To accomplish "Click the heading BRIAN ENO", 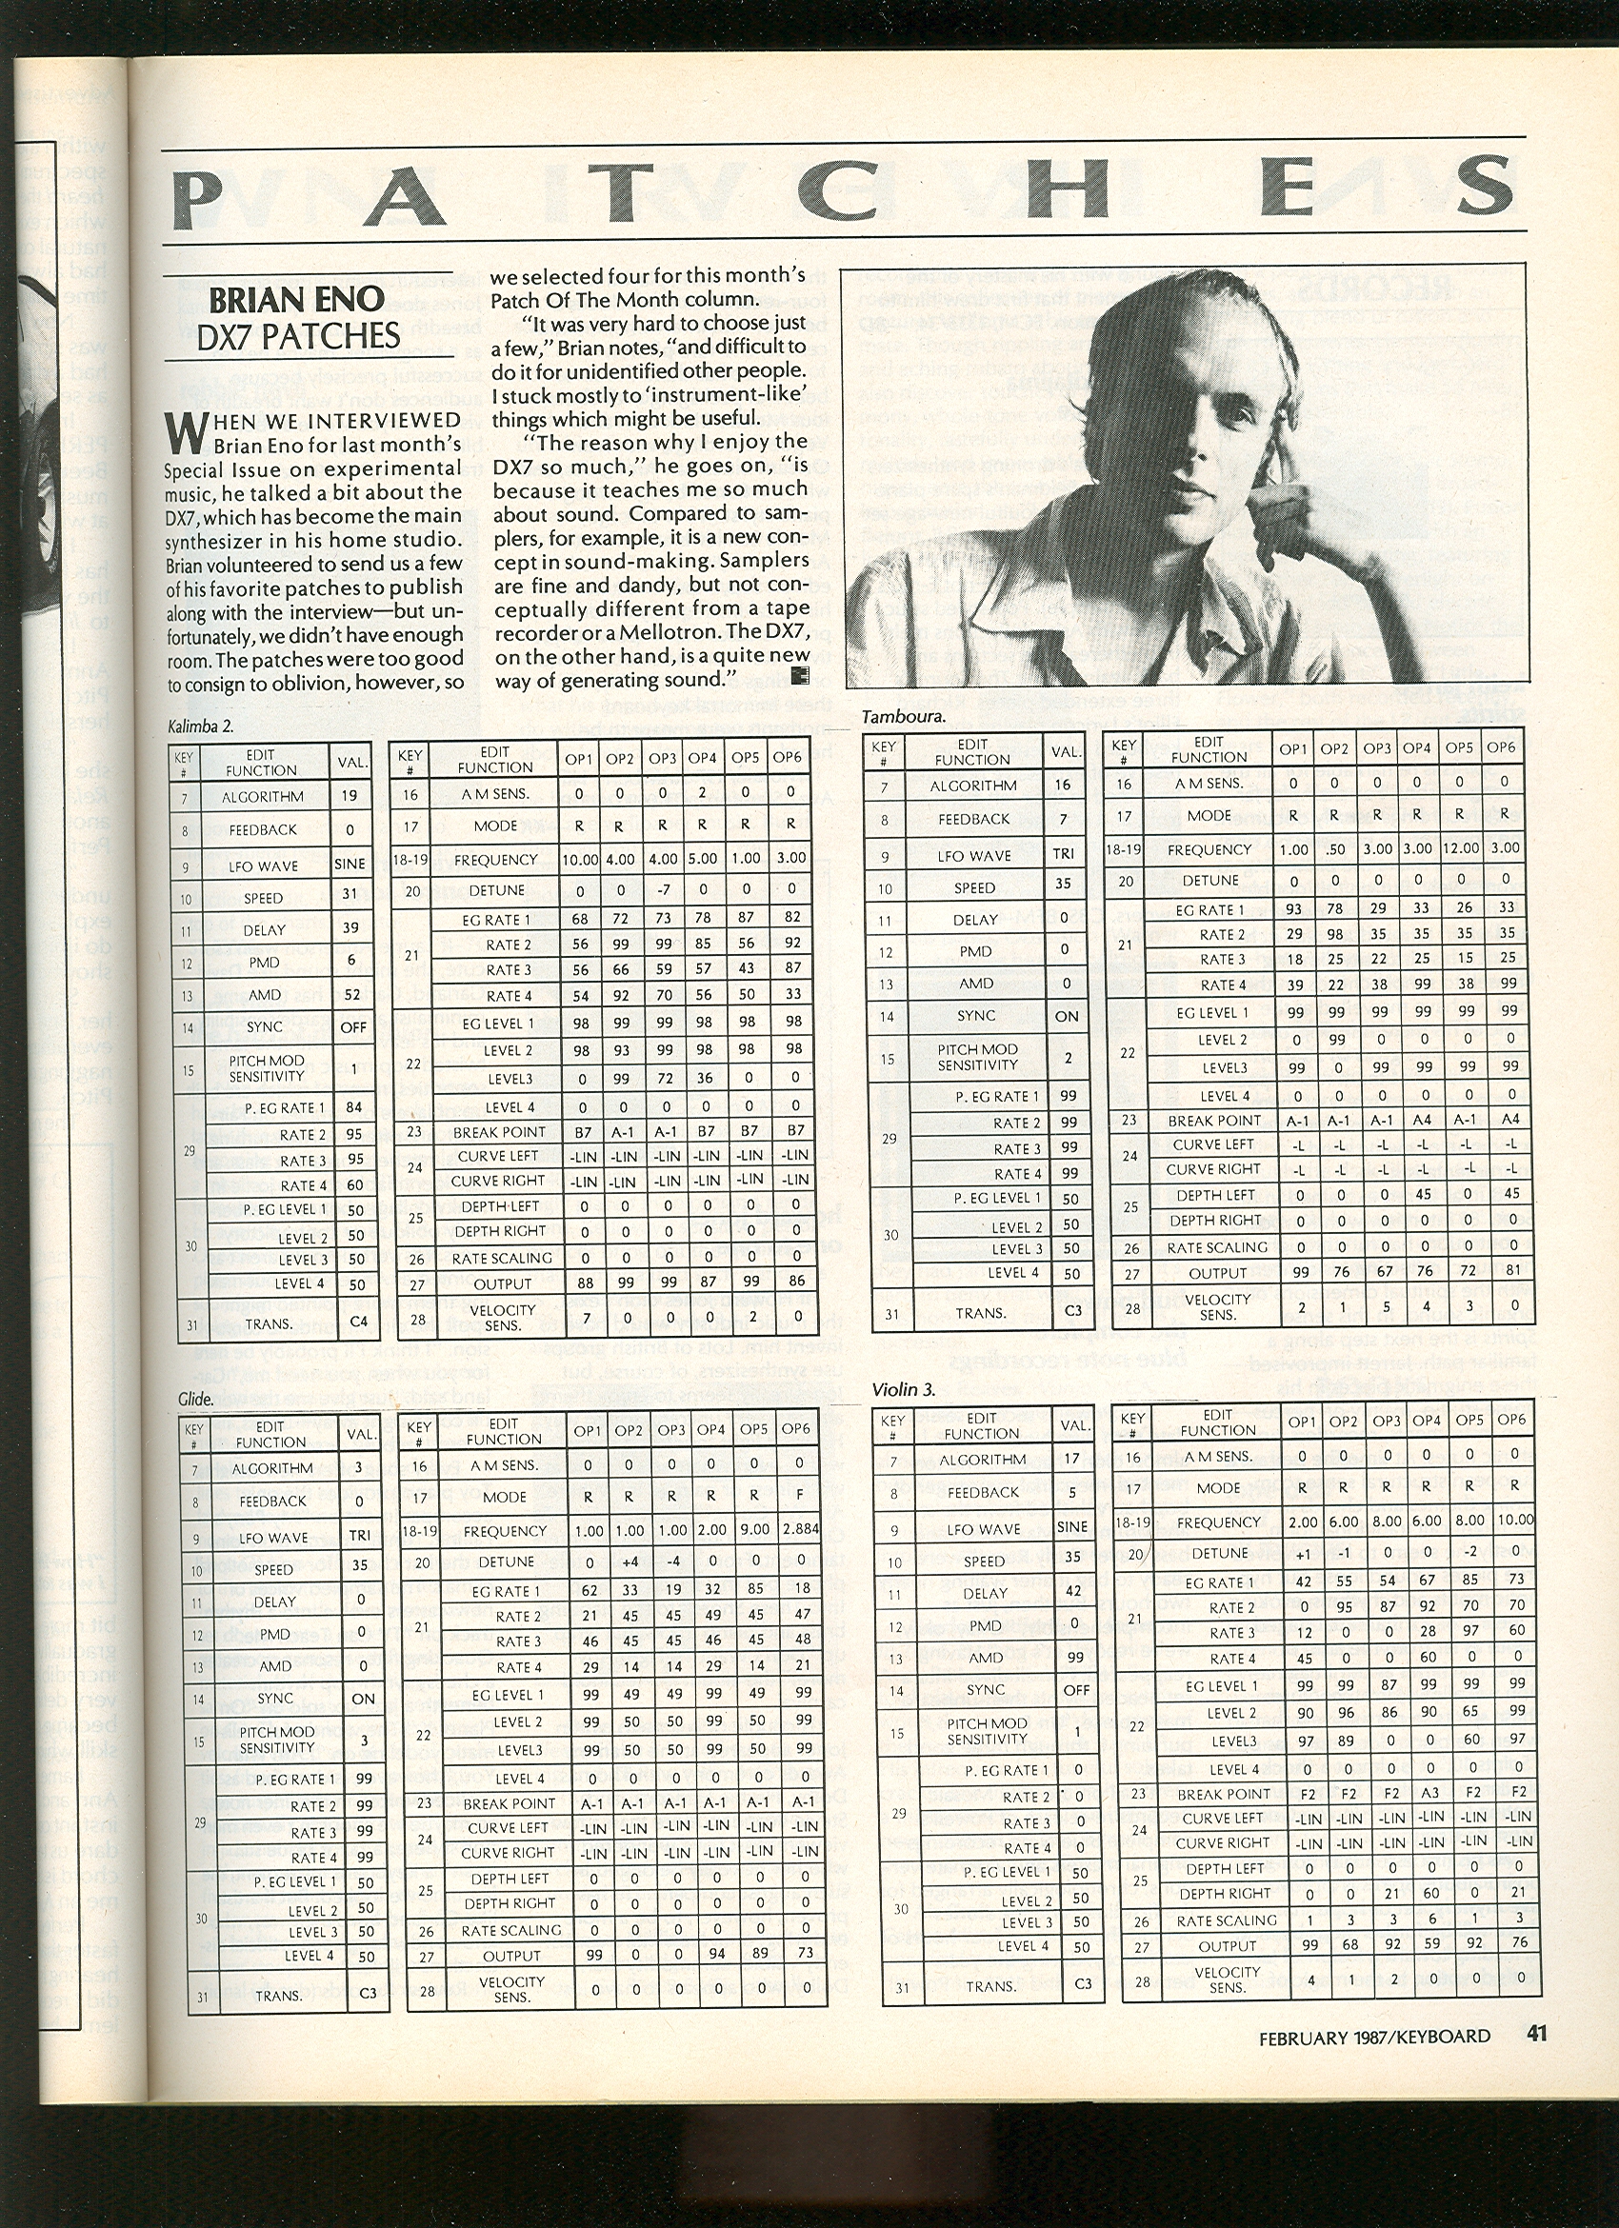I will [295, 300].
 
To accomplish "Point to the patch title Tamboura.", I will [903, 716].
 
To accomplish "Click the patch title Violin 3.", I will [903, 1389].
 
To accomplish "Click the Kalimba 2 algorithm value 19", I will [350, 796].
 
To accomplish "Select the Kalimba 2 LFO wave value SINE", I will [350, 865].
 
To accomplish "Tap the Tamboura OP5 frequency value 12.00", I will [1459, 847].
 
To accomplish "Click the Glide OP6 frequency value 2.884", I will [798, 1529].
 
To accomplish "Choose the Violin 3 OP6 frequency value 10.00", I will [1514, 1520].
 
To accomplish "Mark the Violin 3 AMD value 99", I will [1077, 1658].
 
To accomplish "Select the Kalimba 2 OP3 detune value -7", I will [662, 891].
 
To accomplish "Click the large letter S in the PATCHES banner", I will [1468, 187].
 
